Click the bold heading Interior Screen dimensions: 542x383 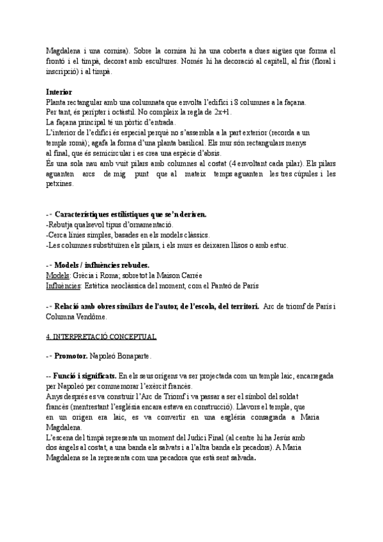(59, 92)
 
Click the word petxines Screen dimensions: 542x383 (60, 184)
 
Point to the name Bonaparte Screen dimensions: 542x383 (130, 357)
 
